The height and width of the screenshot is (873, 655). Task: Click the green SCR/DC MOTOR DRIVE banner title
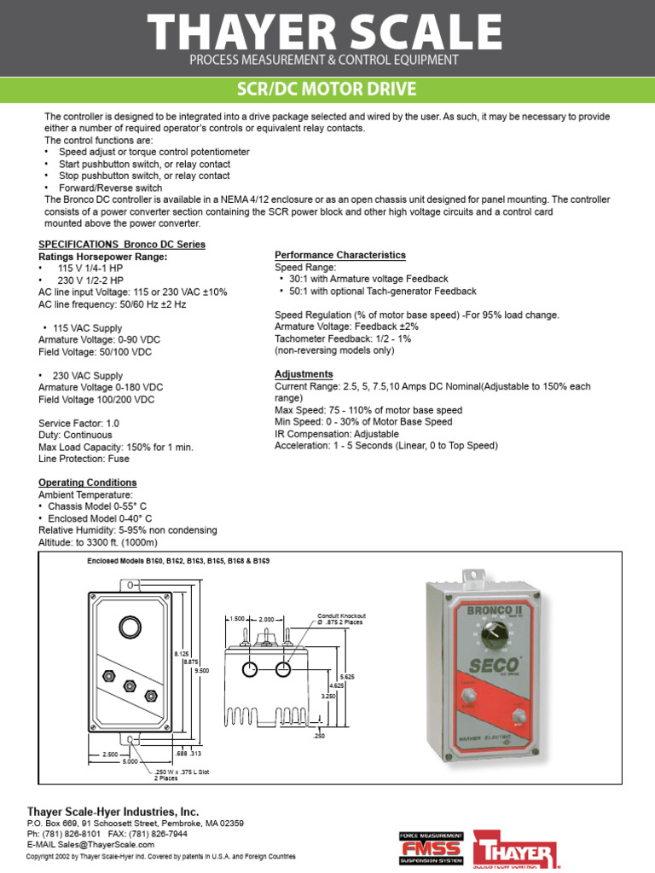pyautogui.click(x=327, y=90)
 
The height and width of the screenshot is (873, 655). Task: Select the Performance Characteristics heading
pyautogui.click(x=339, y=255)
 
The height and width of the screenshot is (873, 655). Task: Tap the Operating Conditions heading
pyautogui.click(x=82, y=483)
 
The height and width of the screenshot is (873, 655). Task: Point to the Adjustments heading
pyautogui.click(x=304, y=374)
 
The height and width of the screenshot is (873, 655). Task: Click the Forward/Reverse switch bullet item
pyautogui.click(x=110, y=188)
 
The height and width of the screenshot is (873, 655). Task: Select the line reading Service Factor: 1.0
pyautogui.click(x=79, y=423)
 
